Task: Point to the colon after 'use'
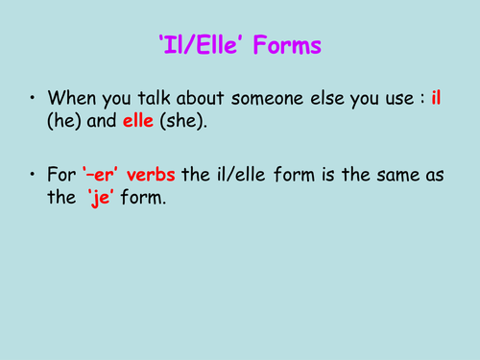pos(420,99)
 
